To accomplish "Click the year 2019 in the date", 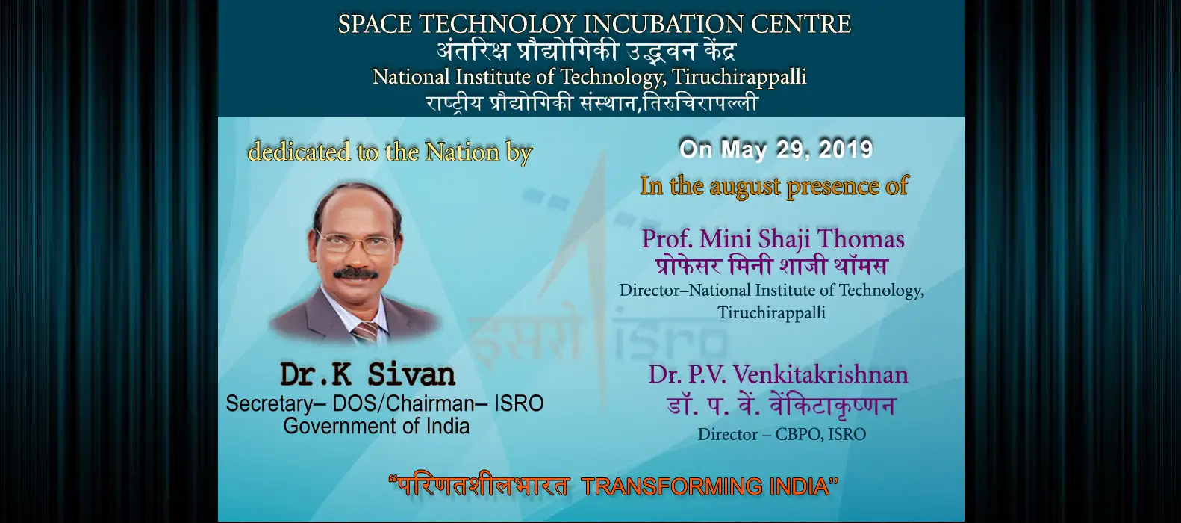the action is (846, 149).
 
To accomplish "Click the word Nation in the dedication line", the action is (462, 152).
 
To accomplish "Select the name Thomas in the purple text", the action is (867, 239).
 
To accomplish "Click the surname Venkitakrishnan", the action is (820, 375).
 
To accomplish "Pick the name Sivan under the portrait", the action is (411, 374).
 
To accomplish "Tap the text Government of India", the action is (376, 426).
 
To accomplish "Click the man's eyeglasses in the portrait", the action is (355, 242).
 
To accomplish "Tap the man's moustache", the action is (356, 273).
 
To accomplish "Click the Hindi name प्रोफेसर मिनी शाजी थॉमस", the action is (771, 265).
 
